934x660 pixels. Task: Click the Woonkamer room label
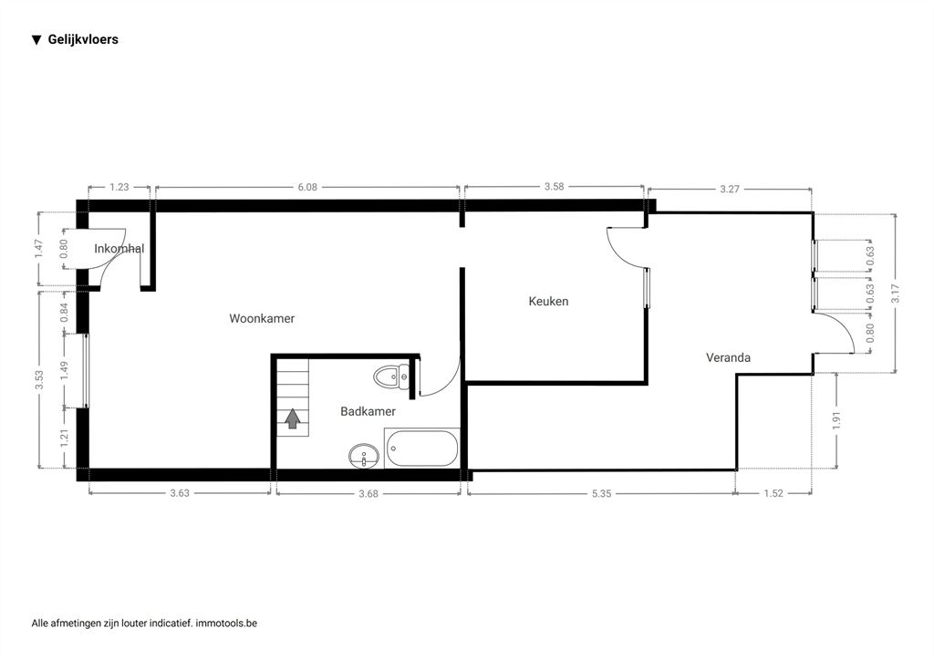point(262,318)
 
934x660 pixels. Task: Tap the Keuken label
point(548,301)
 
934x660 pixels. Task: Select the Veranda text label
point(728,357)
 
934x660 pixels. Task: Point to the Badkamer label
point(368,411)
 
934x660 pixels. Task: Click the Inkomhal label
point(119,249)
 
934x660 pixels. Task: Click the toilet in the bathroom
point(391,376)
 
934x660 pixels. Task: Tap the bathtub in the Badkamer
point(421,449)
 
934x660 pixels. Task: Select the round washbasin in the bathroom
point(363,457)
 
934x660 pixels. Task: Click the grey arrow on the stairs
point(292,418)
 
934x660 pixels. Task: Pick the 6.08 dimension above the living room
point(307,187)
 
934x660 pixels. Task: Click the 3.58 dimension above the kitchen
point(554,186)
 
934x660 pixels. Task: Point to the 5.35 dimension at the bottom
point(602,493)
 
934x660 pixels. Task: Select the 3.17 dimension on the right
point(896,294)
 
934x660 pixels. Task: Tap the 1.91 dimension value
point(836,421)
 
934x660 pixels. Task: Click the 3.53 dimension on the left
point(39,380)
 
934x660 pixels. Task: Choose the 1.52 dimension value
point(773,493)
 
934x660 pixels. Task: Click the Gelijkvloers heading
point(83,40)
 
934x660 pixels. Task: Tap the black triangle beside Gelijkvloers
point(36,40)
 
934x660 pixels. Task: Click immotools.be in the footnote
point(226,624)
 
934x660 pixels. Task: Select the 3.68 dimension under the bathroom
point(368,493)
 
